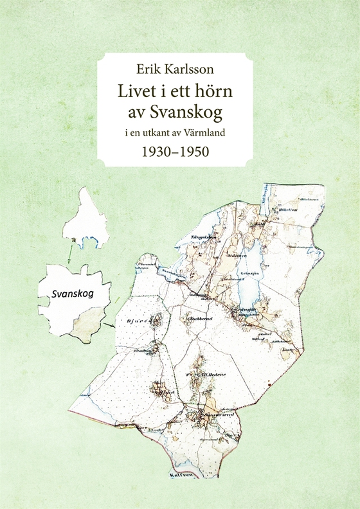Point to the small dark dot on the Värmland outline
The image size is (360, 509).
coord(82,241)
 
